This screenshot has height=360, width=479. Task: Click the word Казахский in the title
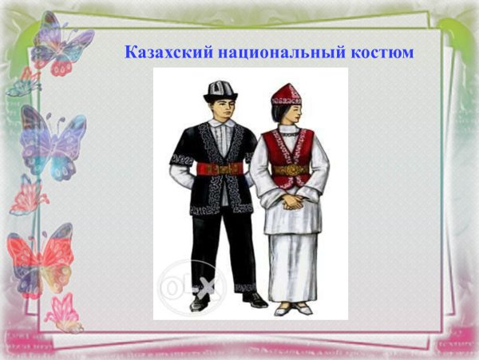pos(163,53)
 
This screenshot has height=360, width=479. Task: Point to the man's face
pos(218,110)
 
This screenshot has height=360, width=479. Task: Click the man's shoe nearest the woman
pos(254,299)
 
